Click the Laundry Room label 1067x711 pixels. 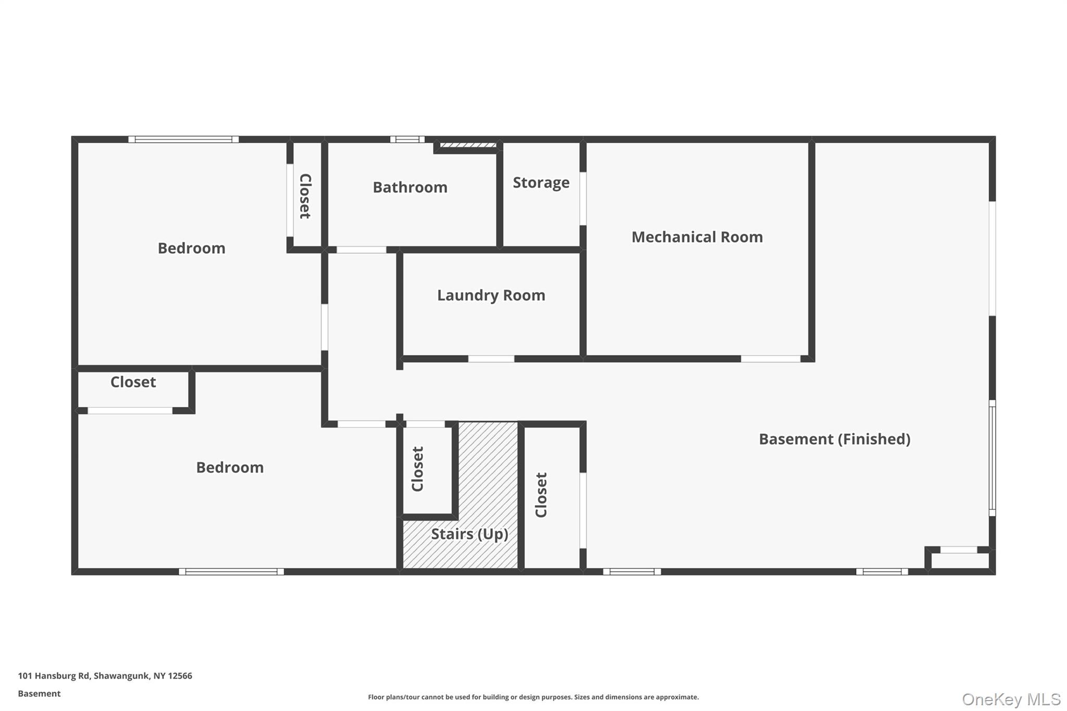491,295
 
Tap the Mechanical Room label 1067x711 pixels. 697,237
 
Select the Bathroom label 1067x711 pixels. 410,188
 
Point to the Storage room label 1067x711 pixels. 541,183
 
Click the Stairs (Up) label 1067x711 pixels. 469,534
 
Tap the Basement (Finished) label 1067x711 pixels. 834,439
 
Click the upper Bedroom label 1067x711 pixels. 191,248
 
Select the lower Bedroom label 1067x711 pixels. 230,467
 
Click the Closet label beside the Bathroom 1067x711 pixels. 305,196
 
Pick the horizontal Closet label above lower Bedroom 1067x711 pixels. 133,382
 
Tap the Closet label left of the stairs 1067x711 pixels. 418,469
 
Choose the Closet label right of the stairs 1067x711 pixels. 541,495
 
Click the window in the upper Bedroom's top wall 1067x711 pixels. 183,140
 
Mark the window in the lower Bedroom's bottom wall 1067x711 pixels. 231,571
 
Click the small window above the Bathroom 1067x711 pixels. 407,140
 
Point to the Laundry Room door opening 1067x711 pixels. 491,359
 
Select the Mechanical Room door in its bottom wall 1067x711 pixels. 770,359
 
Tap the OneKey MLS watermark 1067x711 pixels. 1011,699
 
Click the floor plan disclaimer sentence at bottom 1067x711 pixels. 533,697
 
